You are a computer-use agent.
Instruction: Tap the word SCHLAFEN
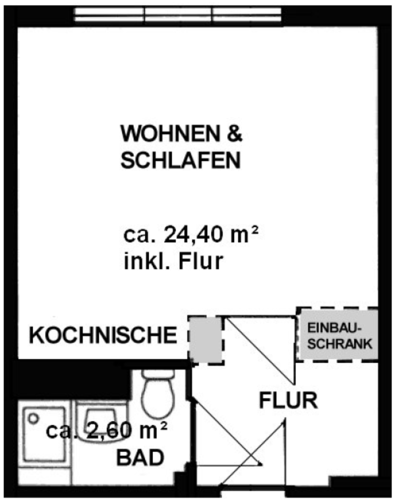coord(180,161)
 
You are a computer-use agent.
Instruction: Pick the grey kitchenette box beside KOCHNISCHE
coord(206,339)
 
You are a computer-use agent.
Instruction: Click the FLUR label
coord(289,401)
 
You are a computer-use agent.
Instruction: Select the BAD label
coord(139,457)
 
